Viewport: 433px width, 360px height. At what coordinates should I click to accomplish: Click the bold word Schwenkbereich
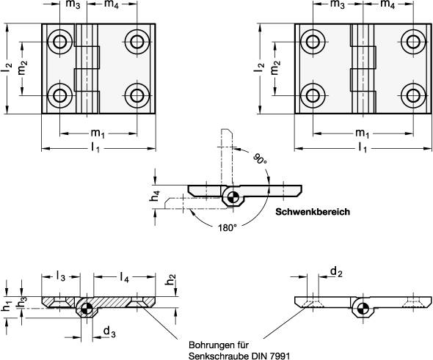pyautogui.click(x=312, y=213)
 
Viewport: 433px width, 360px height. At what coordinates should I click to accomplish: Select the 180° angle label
pyautogui.click(x=227, y=227)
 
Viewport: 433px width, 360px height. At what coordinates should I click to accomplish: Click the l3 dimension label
pyautogui.click(x=62, y=277)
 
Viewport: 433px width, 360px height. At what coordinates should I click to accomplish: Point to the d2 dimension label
pyautogui.click(x=335, y=273)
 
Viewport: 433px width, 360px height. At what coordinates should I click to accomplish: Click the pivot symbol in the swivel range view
pyautogui.click(x=232, y=196)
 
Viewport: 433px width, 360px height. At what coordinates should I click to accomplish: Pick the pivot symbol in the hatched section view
pyautogui.click(x=87, y=309)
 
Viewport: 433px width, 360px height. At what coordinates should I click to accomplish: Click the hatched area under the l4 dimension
pyautogui.click(x=117, y=301)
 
